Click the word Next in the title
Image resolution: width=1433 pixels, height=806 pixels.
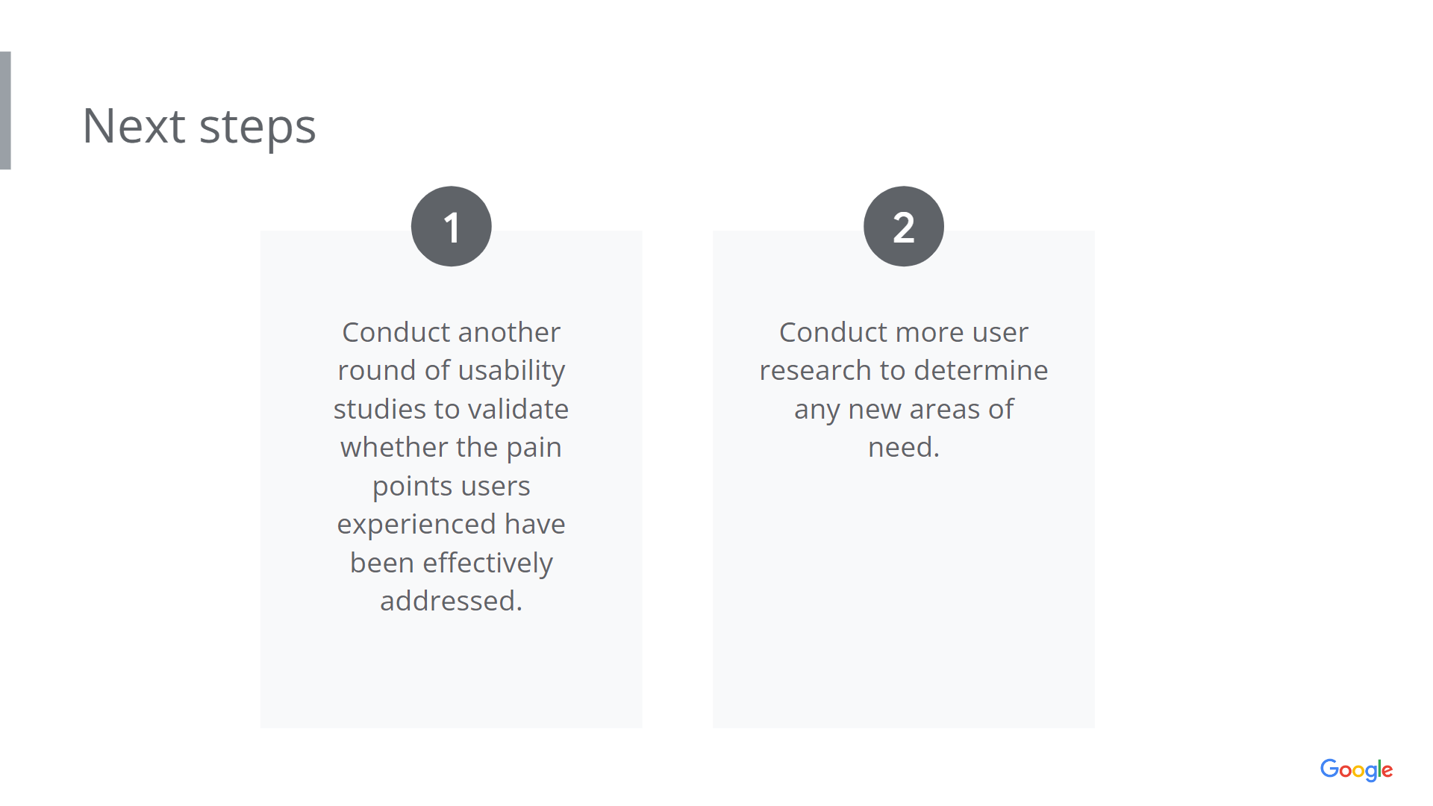pos(134,125)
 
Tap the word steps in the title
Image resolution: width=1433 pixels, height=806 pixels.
pos(257,128)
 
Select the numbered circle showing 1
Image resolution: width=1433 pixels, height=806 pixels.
pos(451,226)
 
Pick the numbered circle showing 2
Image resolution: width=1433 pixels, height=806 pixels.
pos(903,226)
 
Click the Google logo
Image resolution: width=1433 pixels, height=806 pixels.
pos(1356,769)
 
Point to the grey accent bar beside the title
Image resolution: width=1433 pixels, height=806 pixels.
pos(5,110)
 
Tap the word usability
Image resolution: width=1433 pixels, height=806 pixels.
pos(511,371)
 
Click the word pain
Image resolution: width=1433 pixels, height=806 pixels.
pos(534,449)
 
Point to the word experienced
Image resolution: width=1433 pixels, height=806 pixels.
pos(416,525)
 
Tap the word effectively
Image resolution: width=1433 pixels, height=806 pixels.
pos(488,563)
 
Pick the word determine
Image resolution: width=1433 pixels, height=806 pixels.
pos(981,370)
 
